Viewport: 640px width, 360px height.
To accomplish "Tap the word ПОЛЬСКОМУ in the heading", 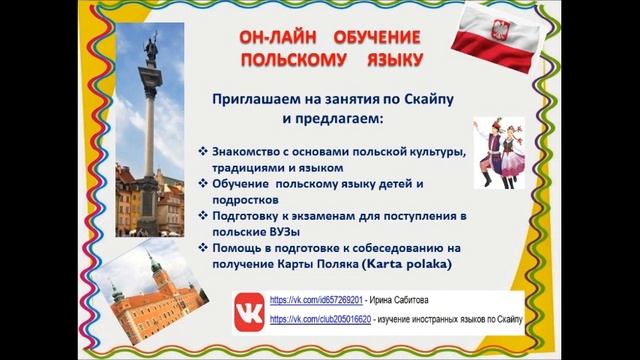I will click(x=286, y=61).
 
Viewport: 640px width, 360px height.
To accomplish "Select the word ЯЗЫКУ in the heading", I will click(x=385, y=61).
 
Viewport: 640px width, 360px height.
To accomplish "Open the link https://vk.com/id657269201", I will click(x=312, y=300).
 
